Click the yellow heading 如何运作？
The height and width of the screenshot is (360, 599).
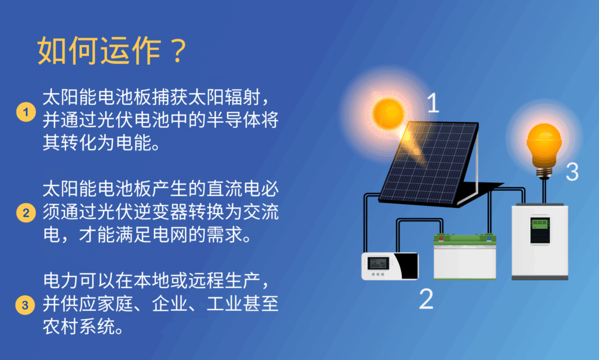tap(112, 50)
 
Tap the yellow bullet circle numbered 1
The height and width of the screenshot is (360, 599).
tap(26, 112)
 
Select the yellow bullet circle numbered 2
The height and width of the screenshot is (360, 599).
tap(26, 212)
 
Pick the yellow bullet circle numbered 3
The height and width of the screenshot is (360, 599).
tap(25, 305)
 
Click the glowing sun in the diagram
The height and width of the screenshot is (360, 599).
tap(388, 113)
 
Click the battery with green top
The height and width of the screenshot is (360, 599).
tap(465, 257)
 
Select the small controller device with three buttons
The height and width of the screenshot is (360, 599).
tap(390, 266)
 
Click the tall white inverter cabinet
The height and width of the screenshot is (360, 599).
tap(540, 242)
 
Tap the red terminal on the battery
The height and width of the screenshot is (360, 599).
tap(441, 238)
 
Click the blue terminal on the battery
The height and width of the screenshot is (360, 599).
tap(488, 238)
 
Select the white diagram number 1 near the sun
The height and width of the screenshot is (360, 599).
tap(433, 102)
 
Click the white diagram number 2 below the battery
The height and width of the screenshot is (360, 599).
tap(426, 299)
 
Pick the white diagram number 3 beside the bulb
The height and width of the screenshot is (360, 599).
tap(572, 172)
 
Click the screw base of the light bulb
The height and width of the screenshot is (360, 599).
tap(544, 172)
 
